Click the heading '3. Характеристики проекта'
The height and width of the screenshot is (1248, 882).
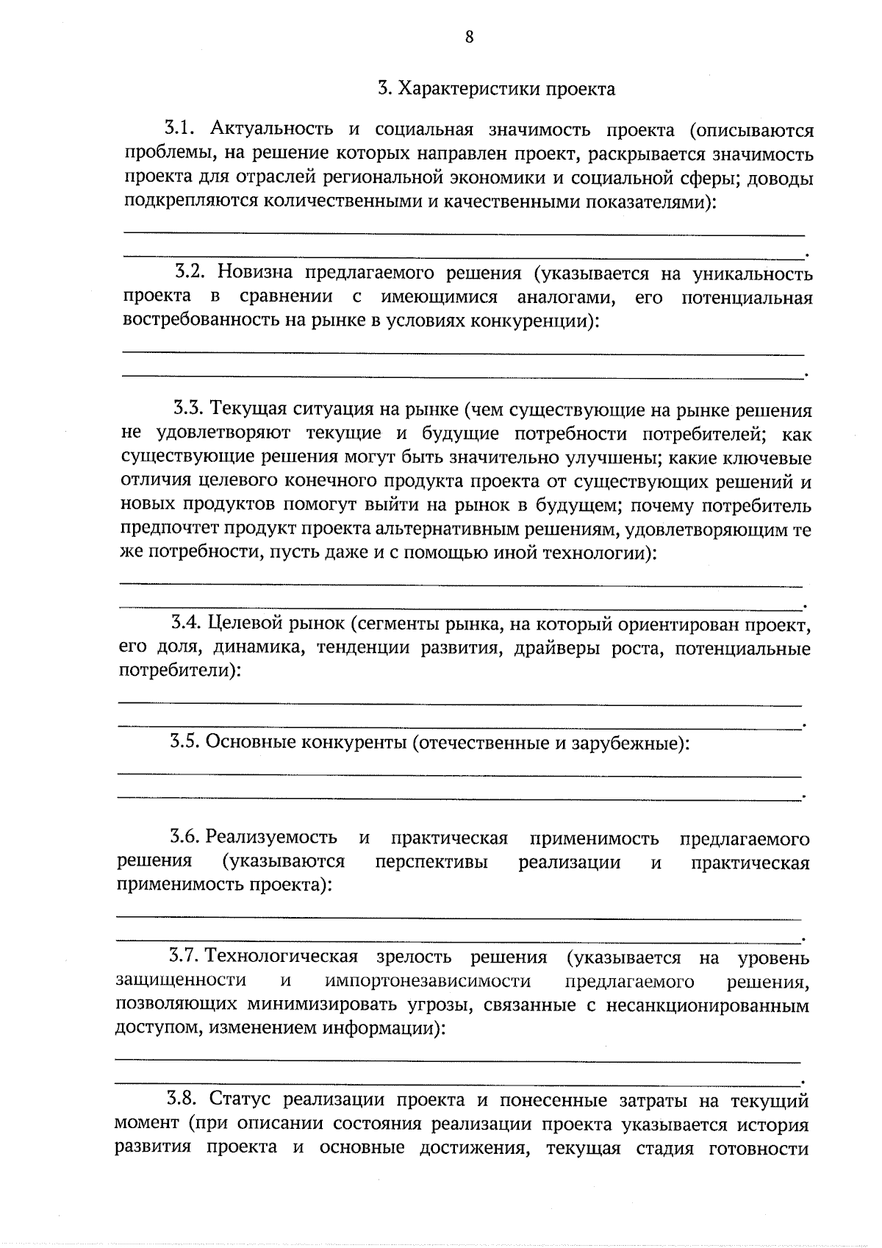point(496,90)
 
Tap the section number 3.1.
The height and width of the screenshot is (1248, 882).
point(179,130)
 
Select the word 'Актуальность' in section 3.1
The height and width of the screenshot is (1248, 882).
point(272,131)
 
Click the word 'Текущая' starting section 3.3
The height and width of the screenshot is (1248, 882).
point(245,410)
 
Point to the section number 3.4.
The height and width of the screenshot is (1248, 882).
point(185,624)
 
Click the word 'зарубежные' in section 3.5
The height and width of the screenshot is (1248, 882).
point(631,743)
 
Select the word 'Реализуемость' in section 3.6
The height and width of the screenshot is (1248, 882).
point(271,838)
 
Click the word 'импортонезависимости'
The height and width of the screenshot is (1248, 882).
point(427,981)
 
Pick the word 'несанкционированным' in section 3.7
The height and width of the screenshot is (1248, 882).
point(707,1005)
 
